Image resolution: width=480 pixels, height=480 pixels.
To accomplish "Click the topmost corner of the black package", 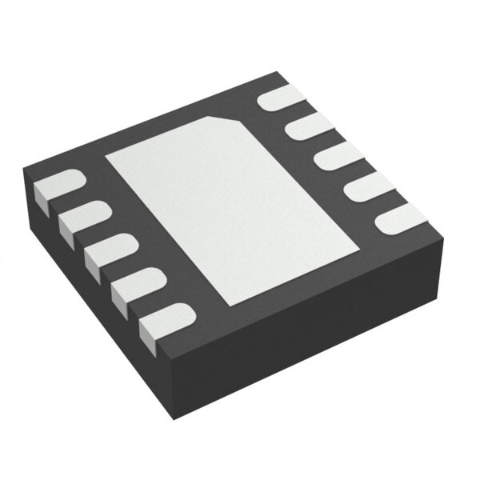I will [278, 74].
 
